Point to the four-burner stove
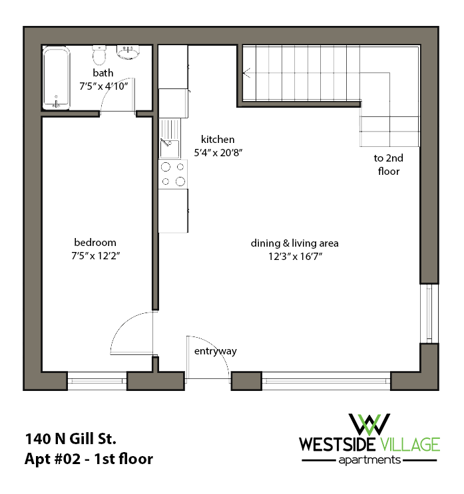172,174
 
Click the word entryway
215,351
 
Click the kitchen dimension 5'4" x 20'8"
218,152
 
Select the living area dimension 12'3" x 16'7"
290,256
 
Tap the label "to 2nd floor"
388,165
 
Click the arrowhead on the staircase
246,72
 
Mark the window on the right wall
429,313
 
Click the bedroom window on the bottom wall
97,382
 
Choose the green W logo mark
370,423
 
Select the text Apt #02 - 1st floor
89,459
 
